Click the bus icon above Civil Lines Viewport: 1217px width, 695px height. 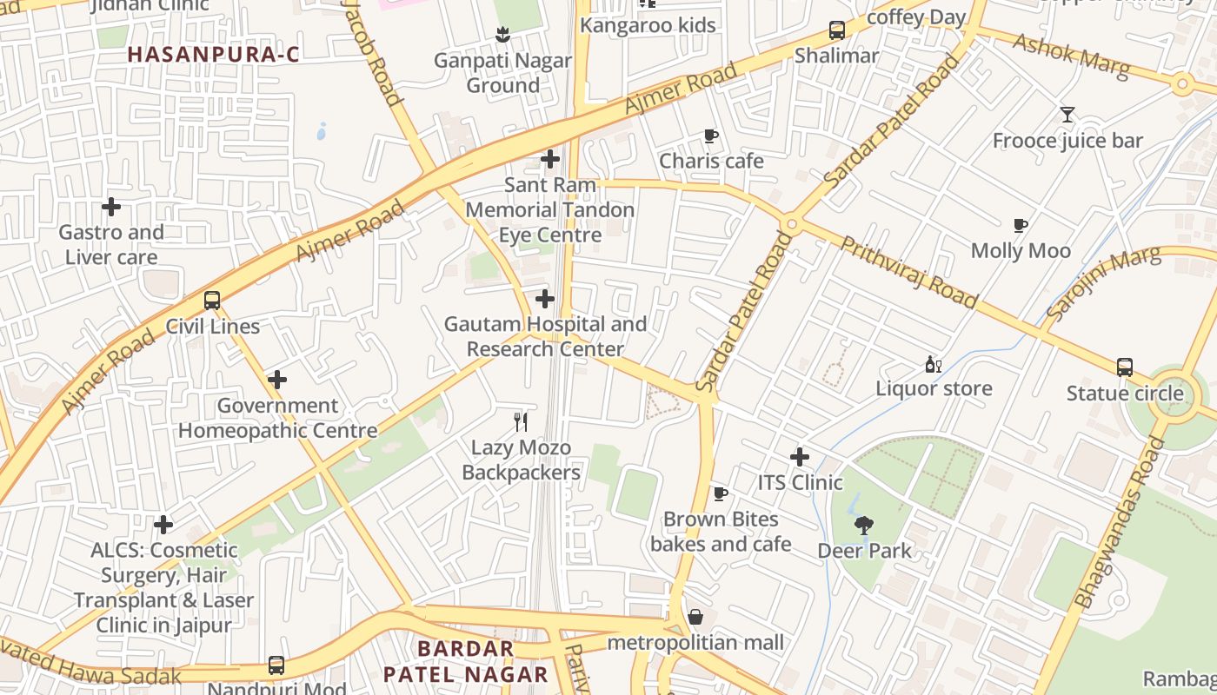tap(212, 301)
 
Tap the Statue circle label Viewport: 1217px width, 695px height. tap(1125, 394)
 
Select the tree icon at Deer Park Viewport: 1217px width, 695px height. tap(864, 525)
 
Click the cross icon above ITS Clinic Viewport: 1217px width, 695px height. tap(800, 457)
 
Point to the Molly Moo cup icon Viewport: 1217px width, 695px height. tap(1021, 225)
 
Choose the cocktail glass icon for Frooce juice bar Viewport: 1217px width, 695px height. tap(1067, 115)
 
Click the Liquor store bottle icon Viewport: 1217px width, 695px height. tap(934, 365)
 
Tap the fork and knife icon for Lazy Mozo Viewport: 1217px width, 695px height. tap(521, 422)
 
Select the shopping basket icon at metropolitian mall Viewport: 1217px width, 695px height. tap(695, 617)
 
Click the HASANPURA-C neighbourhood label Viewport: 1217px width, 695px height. tap(213, 55)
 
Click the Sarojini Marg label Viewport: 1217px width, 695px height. tap(1104, 282)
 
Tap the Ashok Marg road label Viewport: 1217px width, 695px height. tap(1071, 56)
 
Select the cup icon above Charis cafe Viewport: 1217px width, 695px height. tap(711, 136)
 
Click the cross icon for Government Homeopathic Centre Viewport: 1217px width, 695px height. tap(277, 380)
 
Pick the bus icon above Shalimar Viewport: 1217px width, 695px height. tap(837, 30)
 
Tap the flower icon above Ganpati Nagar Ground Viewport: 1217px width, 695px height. tap(502, 35)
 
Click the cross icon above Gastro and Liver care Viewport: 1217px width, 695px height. tap(111, 207)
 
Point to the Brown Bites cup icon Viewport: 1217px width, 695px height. tap(721, 493)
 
